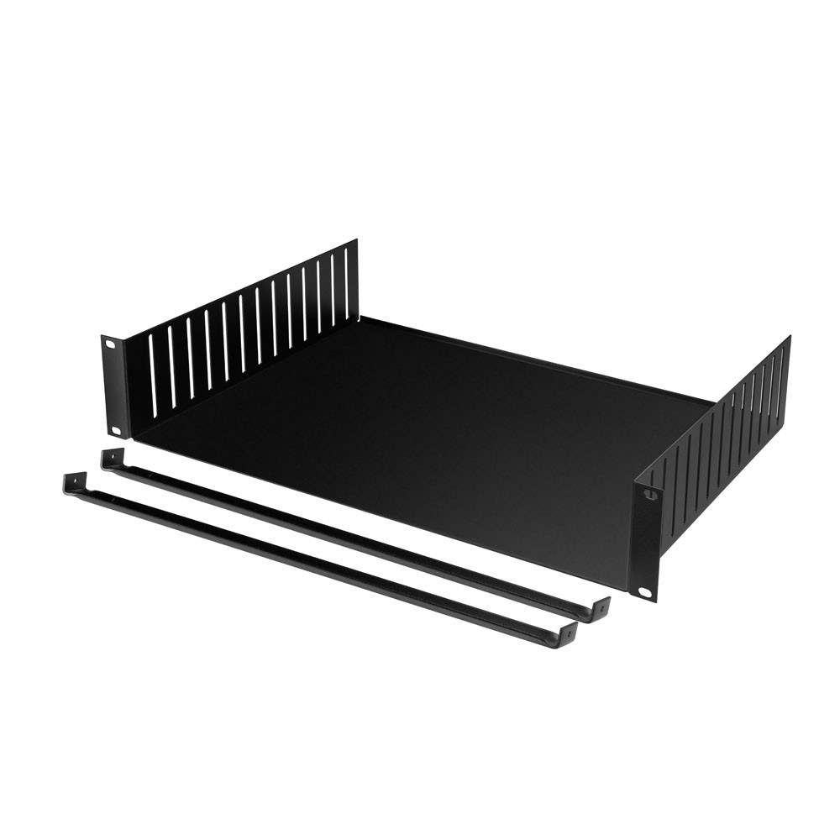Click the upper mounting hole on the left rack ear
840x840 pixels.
[x=109, y=343]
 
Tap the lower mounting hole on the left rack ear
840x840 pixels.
[x=116, y=430]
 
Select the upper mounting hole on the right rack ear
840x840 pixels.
[x=648, y=496]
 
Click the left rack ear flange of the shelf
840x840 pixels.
[x=113, y=386]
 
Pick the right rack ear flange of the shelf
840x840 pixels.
[x=646, y=542]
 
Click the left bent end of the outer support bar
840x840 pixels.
[x=73, y=482]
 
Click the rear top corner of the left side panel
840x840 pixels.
[x=356, y=241]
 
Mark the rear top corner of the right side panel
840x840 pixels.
[x=789, y=338]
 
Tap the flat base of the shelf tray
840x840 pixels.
[x=420, y=428]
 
